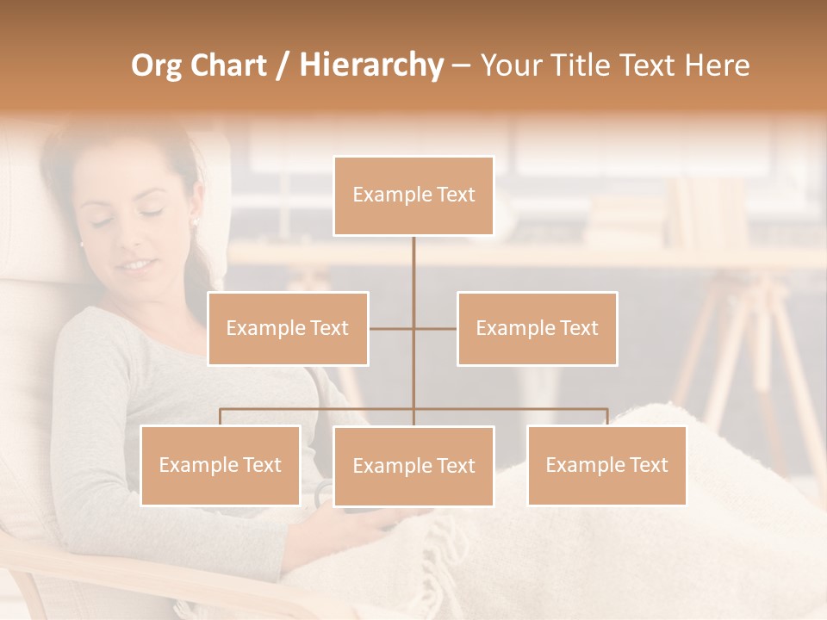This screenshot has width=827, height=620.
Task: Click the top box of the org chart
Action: [x=413, y=195]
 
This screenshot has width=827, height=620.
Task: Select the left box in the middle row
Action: [x=288, y=328]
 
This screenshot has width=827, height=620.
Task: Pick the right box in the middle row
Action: [x=537, y=328]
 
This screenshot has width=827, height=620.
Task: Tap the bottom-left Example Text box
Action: [x=221, y=465]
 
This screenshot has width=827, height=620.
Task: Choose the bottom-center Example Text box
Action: [x=413, y=466]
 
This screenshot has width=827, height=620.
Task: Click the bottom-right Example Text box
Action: [x=606, y=465]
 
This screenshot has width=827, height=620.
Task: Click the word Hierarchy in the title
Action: [x=371, y=65]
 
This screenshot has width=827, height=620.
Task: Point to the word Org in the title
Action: [x=157, y=65]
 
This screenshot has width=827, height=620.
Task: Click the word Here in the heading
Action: [x=717, y=65]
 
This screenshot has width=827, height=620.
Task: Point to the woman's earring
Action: [x=194, y=221]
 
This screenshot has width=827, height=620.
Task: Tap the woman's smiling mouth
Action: [x=136, y=264]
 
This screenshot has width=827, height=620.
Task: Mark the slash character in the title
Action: [x=282, y=66]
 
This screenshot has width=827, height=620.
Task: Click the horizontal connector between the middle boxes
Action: [x=413, y=328]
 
